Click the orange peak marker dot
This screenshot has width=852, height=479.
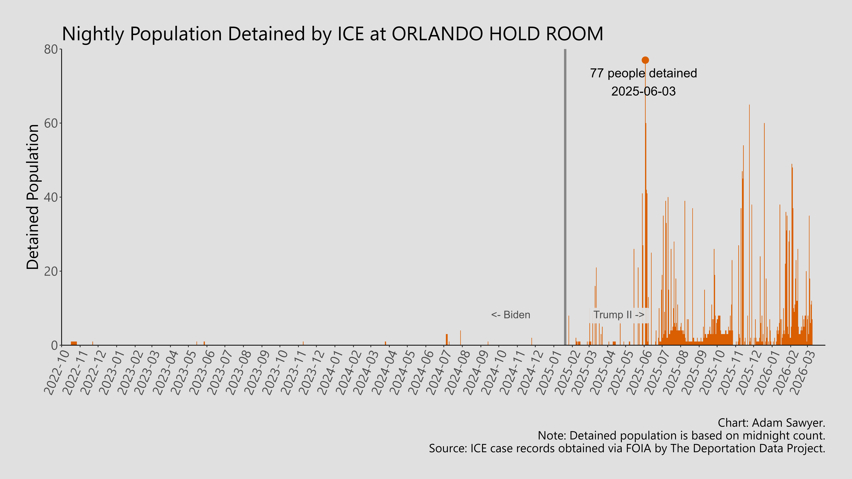tap(645, 60)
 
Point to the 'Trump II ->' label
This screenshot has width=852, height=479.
tap(618, 315)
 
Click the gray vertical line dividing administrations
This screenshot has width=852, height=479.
tap(565, 198)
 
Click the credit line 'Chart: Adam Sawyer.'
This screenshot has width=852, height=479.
tap(771, 423)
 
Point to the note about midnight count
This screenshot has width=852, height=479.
tap(681, 436)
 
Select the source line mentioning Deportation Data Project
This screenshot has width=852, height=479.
tap(627, 449)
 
